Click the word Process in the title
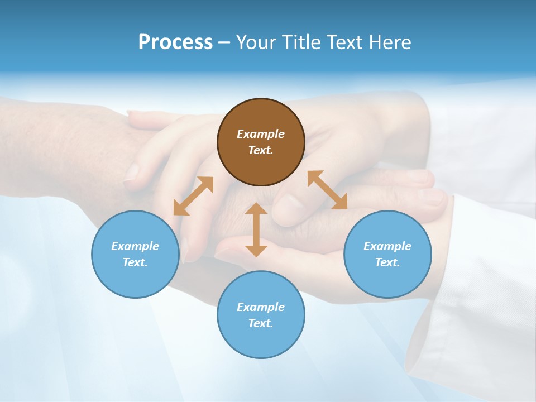point(175,42)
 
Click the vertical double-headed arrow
point(256,229)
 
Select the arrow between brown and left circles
point(193,196)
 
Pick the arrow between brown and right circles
point(327,190)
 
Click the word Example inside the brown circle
point(261,134)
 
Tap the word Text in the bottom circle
point(261,323)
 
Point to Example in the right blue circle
point(387,246)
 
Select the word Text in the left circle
point(135,262)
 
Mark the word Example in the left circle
point(135,246)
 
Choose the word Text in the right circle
point(387,262)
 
